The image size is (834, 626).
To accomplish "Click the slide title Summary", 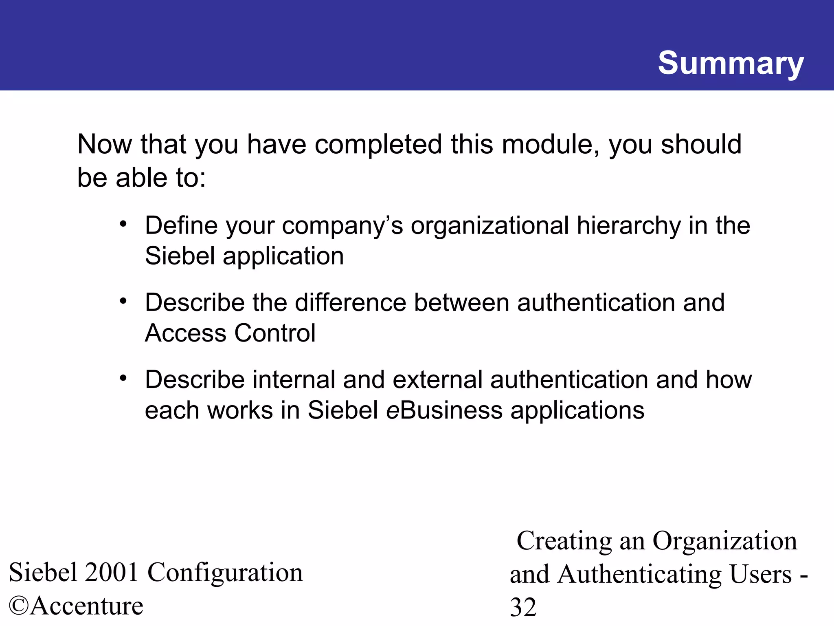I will [731, 64].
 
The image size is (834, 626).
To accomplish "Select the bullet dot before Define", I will [123, 224].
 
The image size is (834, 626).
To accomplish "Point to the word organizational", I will [490, 226].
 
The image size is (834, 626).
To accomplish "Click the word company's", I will [342, 226].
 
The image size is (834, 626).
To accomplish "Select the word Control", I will [275, 333].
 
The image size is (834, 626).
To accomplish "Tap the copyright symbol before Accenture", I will [19, 606].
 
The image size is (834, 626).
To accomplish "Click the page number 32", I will [523, 607].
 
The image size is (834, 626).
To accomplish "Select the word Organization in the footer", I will [724, 541].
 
